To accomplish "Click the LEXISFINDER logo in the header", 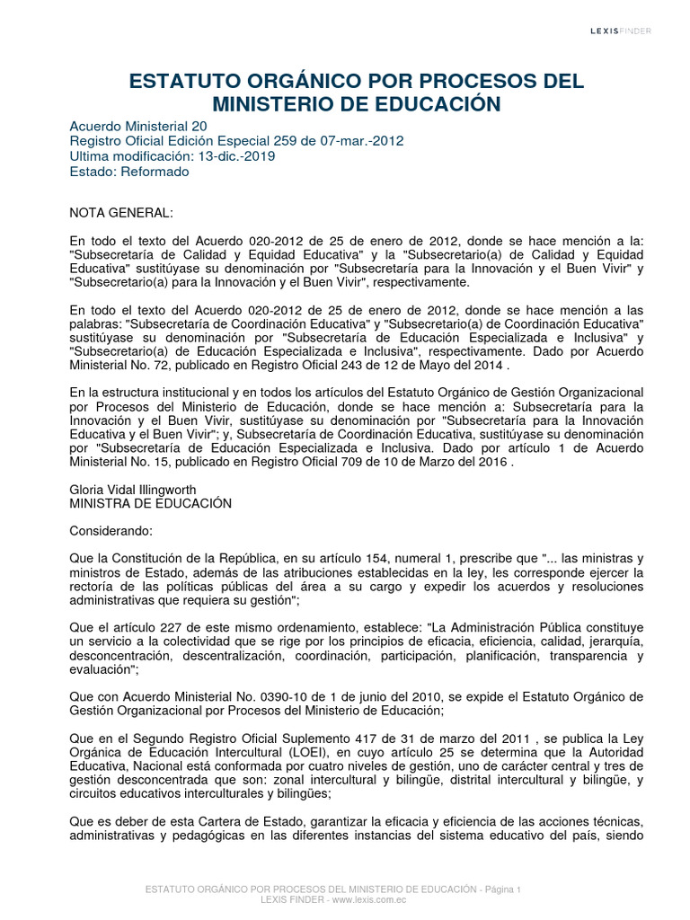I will [x=620, y=31].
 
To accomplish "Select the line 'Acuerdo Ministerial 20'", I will [x=138, y=127].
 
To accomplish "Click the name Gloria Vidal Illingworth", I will [x=133, y=490].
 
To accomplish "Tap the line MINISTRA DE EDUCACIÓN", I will [x=150, y=504].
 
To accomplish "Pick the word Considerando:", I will [x=111, y=531].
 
